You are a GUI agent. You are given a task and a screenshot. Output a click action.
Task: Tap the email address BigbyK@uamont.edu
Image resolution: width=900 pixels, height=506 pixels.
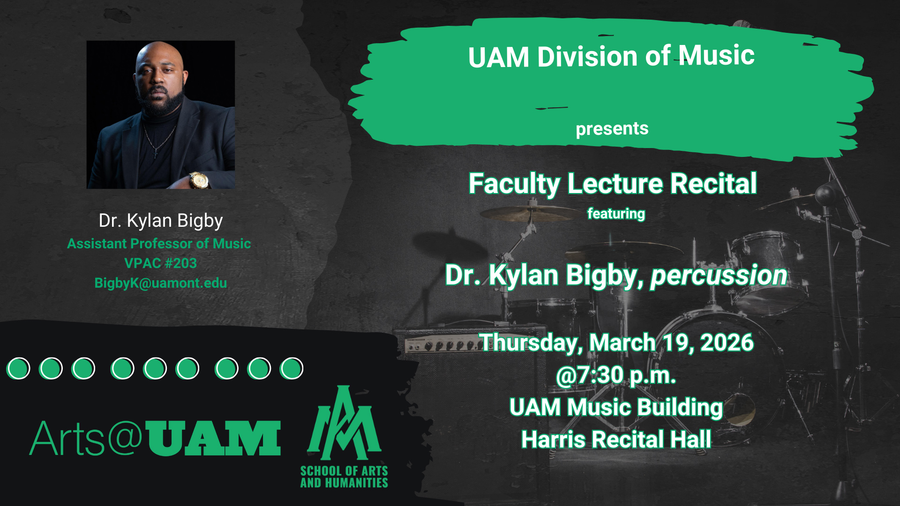[160, 283]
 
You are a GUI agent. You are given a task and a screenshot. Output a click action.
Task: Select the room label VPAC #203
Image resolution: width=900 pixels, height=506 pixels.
[160, 263]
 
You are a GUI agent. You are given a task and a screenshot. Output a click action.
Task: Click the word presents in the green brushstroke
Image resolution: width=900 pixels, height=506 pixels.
[612, 129]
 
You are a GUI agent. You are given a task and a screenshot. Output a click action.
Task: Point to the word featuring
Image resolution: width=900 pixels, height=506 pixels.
[616, 214]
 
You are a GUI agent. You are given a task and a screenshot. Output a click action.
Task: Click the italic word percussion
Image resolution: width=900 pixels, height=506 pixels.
[719, 275]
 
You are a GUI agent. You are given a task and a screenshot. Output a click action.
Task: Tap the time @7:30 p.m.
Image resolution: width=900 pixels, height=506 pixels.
[615, 375]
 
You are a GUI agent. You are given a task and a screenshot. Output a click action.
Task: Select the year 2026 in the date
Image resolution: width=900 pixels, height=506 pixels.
[727, 342]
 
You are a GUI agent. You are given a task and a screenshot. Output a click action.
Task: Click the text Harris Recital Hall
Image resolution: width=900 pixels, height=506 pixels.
[616, 439]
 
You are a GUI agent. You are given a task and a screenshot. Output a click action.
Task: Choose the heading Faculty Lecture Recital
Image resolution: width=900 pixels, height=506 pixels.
[613, 183]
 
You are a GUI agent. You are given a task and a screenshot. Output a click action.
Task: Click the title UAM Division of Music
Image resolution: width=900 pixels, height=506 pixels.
[611, 57]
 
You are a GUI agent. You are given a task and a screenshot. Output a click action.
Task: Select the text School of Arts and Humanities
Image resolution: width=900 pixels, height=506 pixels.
[344, 477]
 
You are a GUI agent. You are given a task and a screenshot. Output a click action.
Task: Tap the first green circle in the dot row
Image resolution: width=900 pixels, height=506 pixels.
[19, 368]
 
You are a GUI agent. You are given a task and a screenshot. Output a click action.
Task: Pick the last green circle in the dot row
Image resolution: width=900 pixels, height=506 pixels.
[292, 368]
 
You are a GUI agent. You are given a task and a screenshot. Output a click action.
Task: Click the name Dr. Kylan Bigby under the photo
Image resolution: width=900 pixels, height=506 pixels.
[160, 221]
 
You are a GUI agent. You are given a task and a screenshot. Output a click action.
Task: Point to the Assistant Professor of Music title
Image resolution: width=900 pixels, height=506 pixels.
[159, 244]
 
